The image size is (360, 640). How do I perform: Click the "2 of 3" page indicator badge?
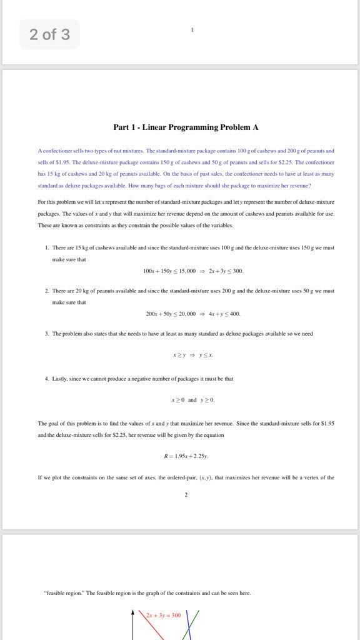(49, 34)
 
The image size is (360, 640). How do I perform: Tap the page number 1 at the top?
(192, 30)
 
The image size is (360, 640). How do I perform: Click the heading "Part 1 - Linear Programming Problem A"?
(186, 127)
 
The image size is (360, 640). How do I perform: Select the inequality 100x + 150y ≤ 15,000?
(169, 271)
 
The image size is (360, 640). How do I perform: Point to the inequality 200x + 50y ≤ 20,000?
(171, 314)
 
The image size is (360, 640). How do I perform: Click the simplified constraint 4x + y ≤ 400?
(224, 314)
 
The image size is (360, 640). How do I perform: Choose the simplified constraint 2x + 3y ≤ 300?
(226, 271)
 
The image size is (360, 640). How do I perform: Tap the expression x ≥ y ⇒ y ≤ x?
(193, 355)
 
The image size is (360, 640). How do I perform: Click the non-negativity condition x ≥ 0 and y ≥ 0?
(193, 399)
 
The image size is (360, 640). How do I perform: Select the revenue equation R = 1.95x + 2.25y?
(186, 456)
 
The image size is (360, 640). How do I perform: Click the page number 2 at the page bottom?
(186, 495)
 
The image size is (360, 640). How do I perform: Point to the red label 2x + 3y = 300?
(163, 616)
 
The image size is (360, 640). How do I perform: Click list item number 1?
(47, 248)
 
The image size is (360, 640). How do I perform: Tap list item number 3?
(47, 334)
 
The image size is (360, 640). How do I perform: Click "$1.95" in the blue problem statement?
(58, 162)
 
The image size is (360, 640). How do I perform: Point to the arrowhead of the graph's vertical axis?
(132, 614)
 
